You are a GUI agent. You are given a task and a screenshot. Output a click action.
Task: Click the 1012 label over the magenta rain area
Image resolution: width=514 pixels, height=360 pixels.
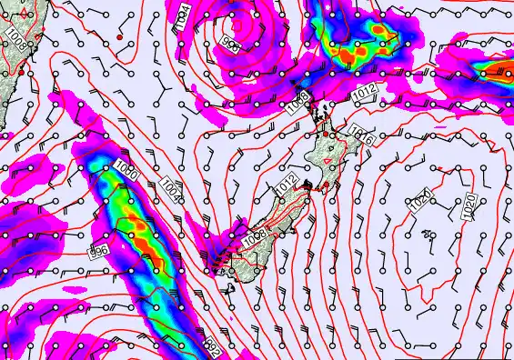[x=364, y=91]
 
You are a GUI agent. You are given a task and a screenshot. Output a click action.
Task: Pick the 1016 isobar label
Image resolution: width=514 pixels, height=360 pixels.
[x=361, y=136]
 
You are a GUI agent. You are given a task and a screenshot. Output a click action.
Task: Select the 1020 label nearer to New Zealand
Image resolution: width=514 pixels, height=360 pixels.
[x=420, y=204]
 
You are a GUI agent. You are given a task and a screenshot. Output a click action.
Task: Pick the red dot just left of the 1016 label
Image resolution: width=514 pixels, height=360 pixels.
[x=332, y=135]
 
